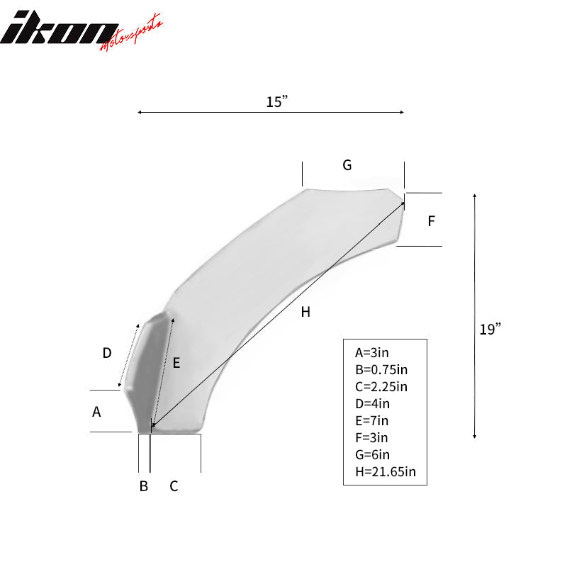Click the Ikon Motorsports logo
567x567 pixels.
tap(82, 29)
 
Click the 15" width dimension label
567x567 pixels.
tap(276, 102)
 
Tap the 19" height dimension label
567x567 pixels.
tap(489, 329)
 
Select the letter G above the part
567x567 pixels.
tap(347, 165)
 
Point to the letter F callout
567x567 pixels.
tap(431, 221)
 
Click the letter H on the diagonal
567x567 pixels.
tap(305, 311)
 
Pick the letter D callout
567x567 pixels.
tap(107, 352)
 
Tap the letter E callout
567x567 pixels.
tap(176, 363)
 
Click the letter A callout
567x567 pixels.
tap(96, 411)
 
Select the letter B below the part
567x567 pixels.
tap(143, 486)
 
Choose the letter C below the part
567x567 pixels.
tap(173, 486)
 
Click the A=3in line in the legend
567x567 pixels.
tap(373, 352)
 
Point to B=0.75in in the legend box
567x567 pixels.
tap(381, 369)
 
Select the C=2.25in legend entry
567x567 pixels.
tap(381, 386)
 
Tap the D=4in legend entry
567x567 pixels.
tap(373, 403)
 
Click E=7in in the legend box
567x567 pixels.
tap(372, 420)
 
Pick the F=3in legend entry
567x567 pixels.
tap(372, 437)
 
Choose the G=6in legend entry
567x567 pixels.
tap(373, 454)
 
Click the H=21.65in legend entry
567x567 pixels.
tap(385, 471)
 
